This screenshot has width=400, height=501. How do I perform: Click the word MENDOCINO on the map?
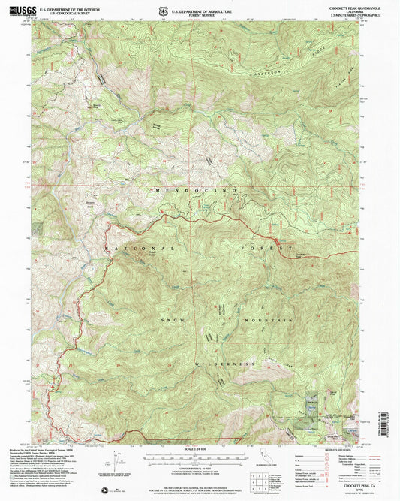pyautogui.click(x=196, y=192)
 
